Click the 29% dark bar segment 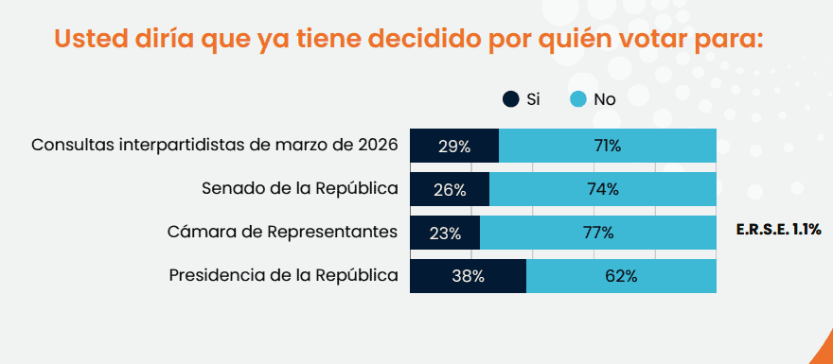tap(453, 146)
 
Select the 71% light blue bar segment tap(607, 146)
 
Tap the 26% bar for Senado tap(449, 189)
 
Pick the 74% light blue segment tap(602, 189)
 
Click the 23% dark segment tap(444, 233)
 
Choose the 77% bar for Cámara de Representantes tap(597, 233)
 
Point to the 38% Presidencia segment tap(468, 276)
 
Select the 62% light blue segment tap(621, 276)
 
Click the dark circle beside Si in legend tap(510, 99)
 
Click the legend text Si tap(532, 99)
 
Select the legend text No tap(604, 99)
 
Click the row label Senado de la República tap(299, 188)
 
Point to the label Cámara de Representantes tap(282, 232)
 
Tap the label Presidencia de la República tap(282, 275)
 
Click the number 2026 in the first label tap(377, 146)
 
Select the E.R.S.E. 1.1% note tap(777, 230)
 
